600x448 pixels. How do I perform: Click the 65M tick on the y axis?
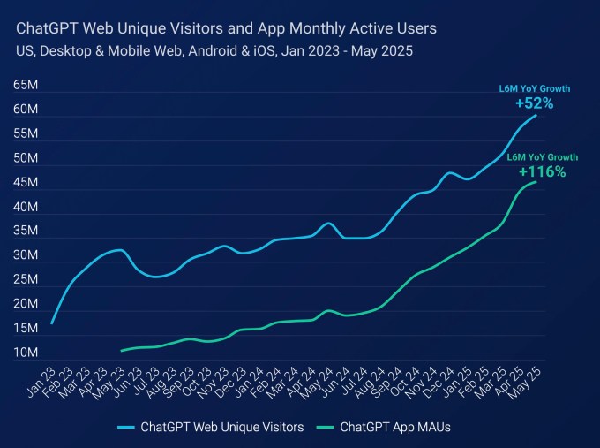(25, 86)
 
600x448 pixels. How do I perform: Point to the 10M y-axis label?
(25, 353)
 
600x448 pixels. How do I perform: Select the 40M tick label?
(25, 208)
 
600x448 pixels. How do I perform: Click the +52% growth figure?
(534, 103)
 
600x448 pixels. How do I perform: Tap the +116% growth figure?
(542, 172)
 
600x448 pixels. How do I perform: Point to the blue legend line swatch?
(131, 427)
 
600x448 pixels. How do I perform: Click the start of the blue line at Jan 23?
(51, 323)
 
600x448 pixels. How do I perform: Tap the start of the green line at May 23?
(122, 351)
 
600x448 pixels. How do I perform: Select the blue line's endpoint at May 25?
(536, 116)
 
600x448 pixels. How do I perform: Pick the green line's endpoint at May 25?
(536, 182)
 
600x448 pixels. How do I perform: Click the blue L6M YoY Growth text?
(535, 88)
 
